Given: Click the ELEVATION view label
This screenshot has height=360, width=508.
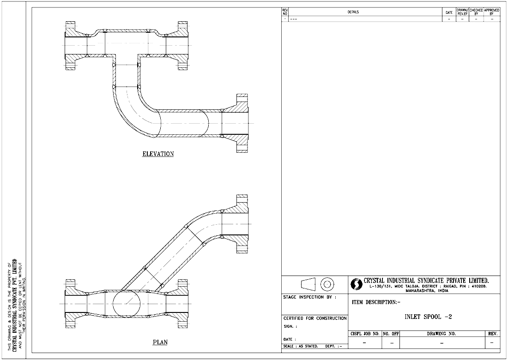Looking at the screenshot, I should pyautogui.click(x=158, y=154).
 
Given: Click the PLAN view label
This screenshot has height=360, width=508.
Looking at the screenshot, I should pyautogui.click(x=160, y=342).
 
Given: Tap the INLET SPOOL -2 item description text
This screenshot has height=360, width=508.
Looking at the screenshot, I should pyautogui.click(x=427, y=317).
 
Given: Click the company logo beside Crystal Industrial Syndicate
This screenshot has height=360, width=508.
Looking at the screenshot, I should pyautogui.click(x=357, y=283).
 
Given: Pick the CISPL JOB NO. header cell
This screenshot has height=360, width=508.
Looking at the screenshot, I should pyautogui.click(x=364, y=333).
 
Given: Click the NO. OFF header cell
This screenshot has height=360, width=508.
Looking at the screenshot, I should pyautogui.click(x=391, y=333).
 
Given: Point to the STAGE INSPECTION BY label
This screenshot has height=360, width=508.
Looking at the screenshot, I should pyautogui.click(x=309, y=297).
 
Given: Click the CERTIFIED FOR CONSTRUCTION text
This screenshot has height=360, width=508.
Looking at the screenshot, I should pyautogui.click(x=314, y=318).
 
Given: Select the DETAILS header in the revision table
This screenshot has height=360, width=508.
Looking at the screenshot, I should pyautogui.click(x=353, y=12).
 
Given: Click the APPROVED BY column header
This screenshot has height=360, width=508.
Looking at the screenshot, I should pyautogui.click(x=491, y=12).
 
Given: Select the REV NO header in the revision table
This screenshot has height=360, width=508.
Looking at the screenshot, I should pyautogui.click(x=285, y=12).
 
